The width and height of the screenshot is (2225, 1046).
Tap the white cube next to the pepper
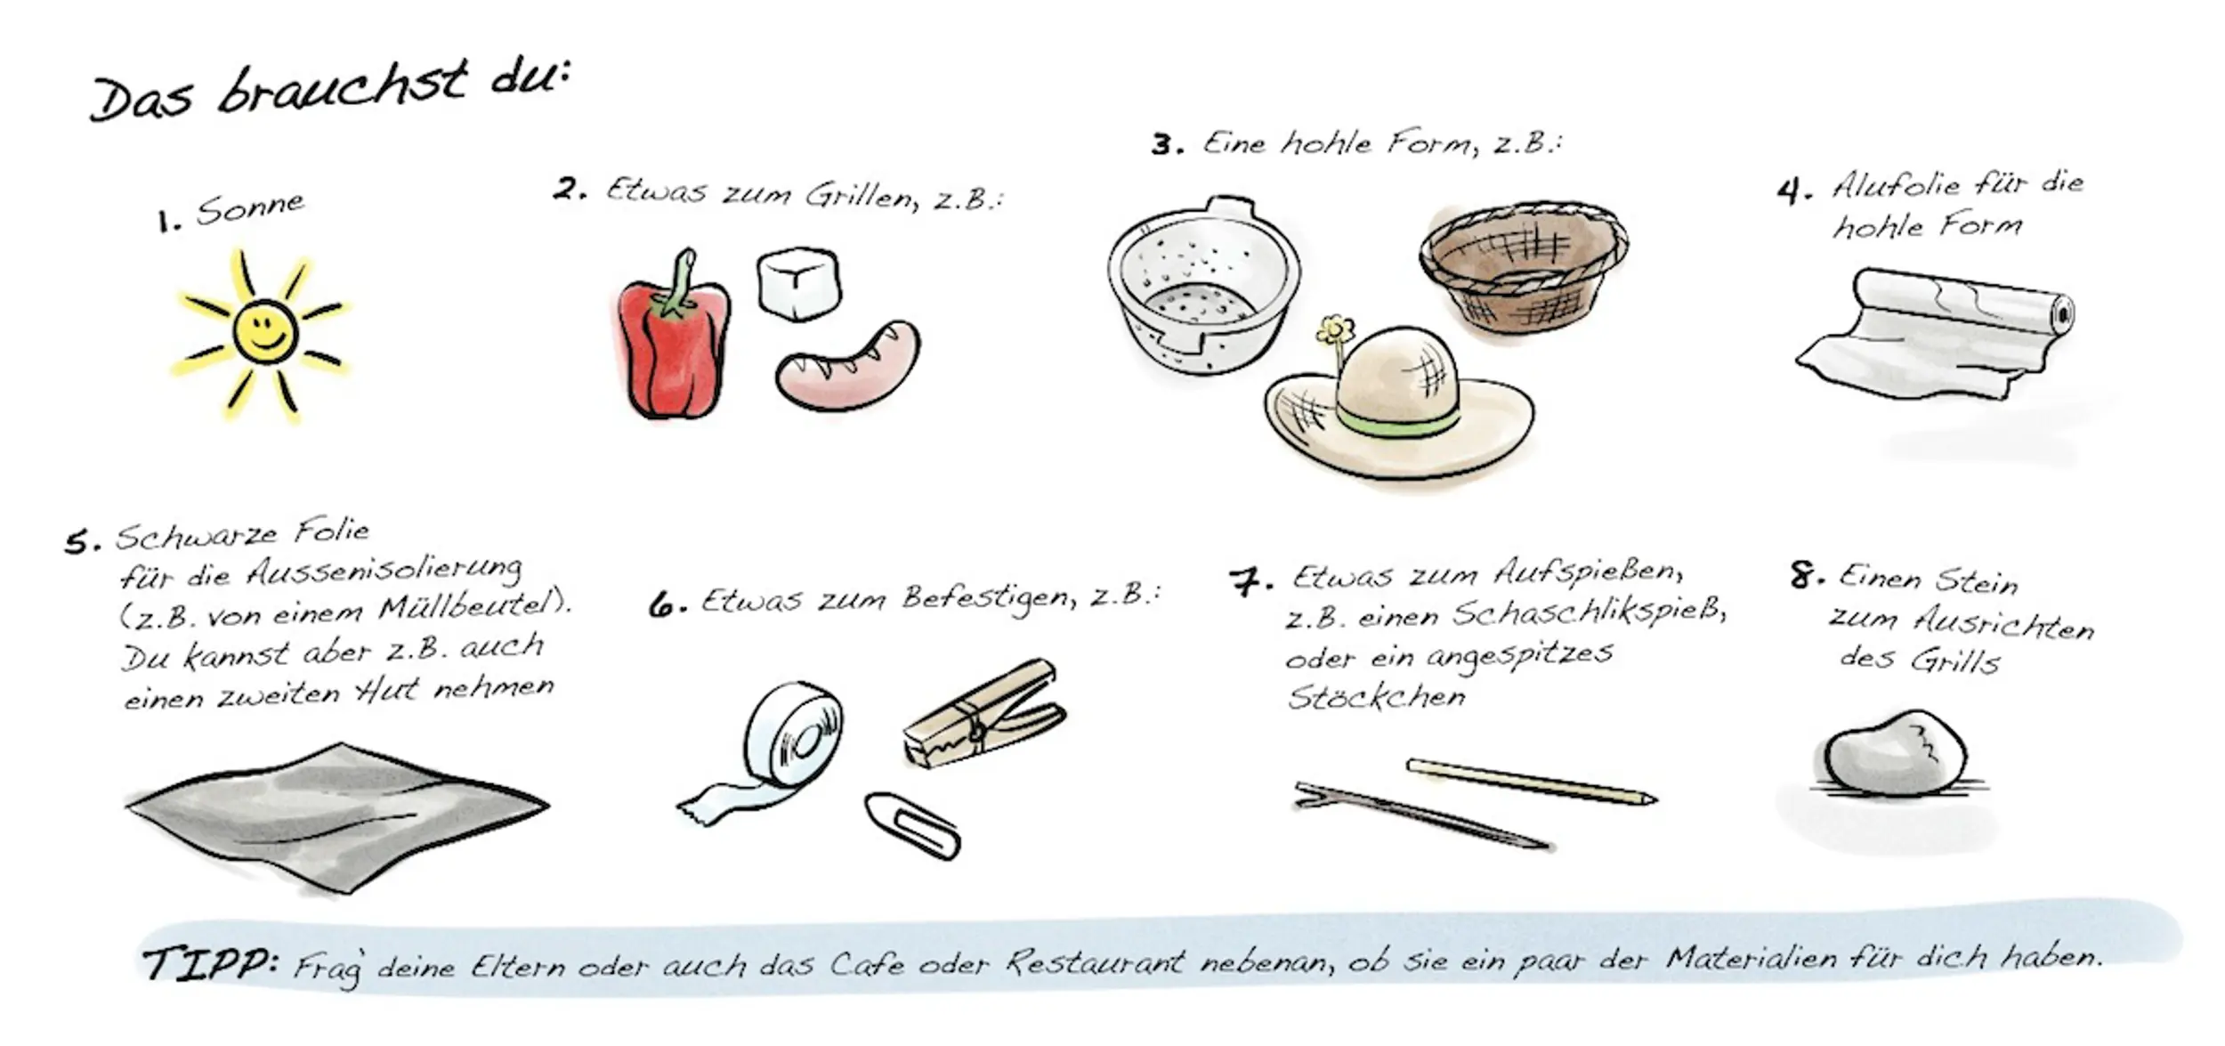point(798,283)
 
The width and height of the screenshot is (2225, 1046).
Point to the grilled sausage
point(848,365)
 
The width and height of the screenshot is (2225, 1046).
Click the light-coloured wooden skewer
point(1531,781)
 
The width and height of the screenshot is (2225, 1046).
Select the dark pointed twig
point(1421,815)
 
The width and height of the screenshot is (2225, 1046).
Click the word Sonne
point(250,208)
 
